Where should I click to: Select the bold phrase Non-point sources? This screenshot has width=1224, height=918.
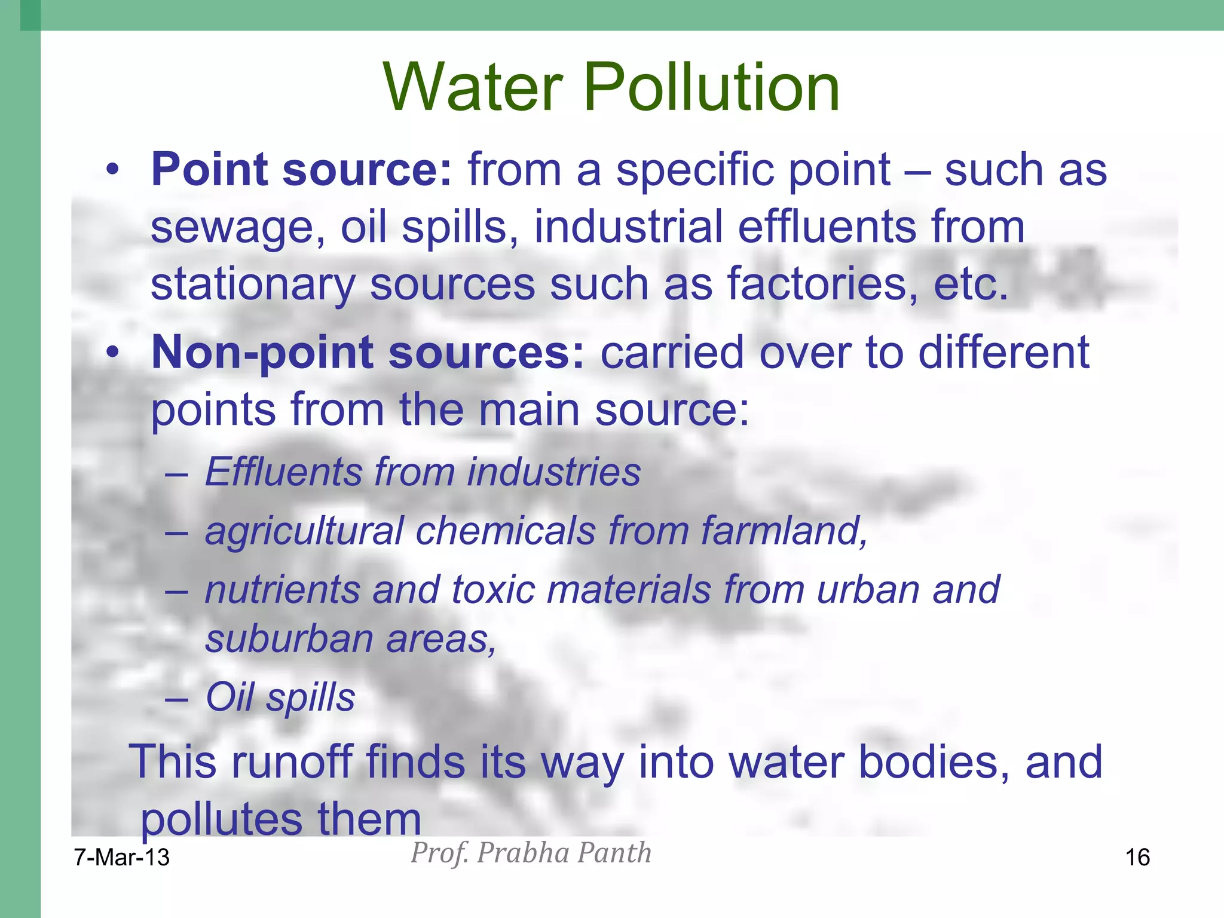[x=368, y=353]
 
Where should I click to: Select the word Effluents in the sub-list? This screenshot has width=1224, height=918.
[x=283, y=472]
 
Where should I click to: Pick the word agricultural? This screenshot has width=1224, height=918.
[x=304, y=531]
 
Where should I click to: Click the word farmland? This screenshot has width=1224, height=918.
[x=784, y=531]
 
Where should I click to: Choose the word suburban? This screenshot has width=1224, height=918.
[x=289, y=639]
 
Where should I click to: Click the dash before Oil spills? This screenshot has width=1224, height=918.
[x=176, y=698]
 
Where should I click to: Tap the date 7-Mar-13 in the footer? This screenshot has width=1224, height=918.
[x=122, y=858]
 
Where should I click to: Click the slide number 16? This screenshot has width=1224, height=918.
[x=1137, y=858]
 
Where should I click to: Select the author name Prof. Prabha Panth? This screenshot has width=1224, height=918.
[x=531, y=853]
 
